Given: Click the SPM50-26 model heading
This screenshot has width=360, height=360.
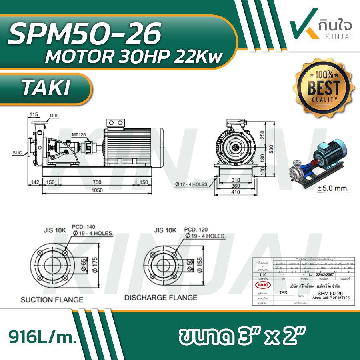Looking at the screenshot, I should pyautogui.click(x=84, y=34).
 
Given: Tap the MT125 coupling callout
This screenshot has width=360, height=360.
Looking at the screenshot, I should pyautogui.click(x=78, y=135).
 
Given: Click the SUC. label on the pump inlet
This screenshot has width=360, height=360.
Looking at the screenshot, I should pyautogui.click(x=17, y=152).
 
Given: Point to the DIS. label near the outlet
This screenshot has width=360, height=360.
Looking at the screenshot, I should pyautogui.click(x=54, y=116).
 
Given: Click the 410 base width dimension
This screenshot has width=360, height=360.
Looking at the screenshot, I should pyautogui.click(x=236, y=192).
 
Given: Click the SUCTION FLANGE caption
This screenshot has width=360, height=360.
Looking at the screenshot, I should pyautogui.click(x=52, y=299).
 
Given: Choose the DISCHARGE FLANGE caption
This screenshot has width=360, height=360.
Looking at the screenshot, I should pyautogui.click(x=160, y=298).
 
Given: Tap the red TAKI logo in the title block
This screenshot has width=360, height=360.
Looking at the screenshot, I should pyautogui.click(x=262, y=284).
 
